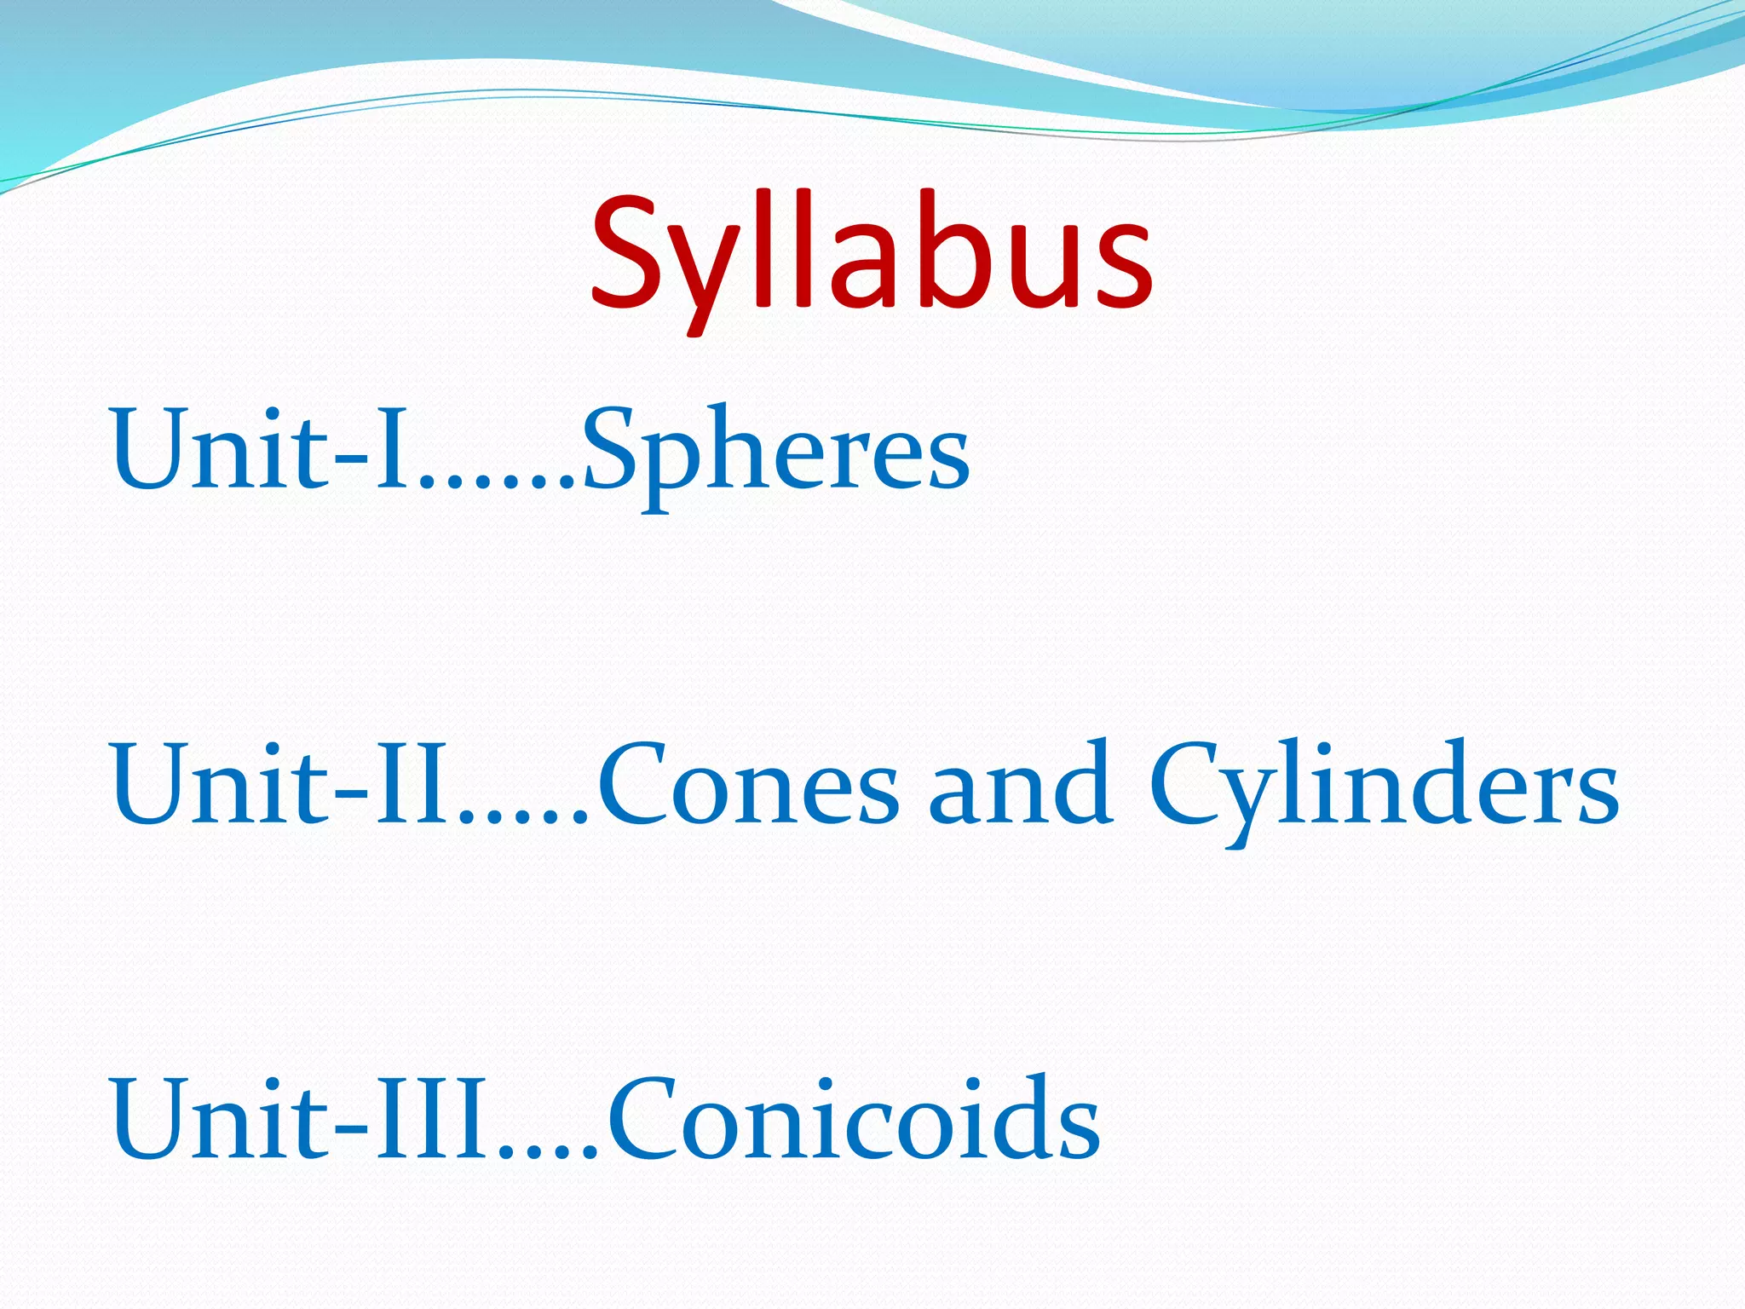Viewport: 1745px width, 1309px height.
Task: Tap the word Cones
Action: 747,786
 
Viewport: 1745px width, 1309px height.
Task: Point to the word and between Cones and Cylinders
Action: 1020,786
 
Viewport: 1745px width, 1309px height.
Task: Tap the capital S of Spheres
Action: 613,450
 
